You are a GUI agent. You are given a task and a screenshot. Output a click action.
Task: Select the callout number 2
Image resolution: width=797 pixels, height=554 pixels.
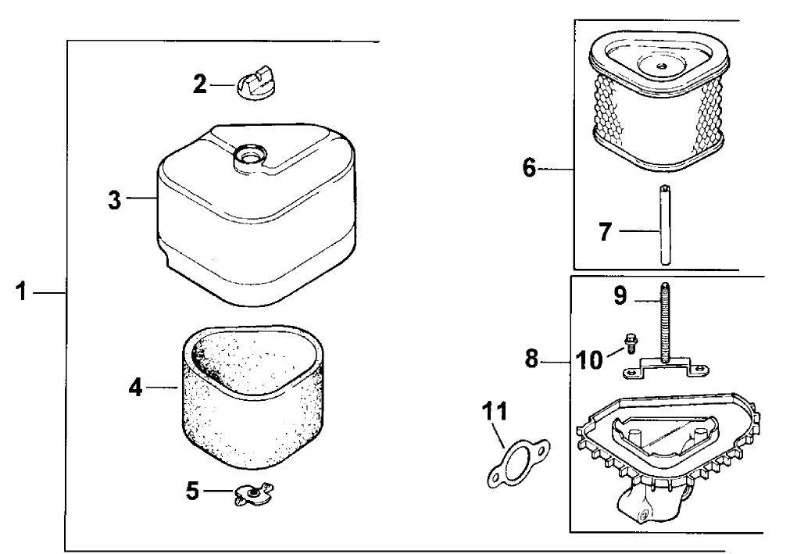point(201,84)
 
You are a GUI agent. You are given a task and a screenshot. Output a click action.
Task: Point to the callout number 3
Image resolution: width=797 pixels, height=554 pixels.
point(115,198)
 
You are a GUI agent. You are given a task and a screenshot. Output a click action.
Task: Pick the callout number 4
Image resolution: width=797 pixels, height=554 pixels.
point(135,388)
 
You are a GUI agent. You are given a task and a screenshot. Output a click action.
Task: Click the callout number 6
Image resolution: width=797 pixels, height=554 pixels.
point(530,168)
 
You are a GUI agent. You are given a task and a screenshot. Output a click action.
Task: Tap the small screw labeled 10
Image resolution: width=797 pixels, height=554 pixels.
point(629,343)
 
